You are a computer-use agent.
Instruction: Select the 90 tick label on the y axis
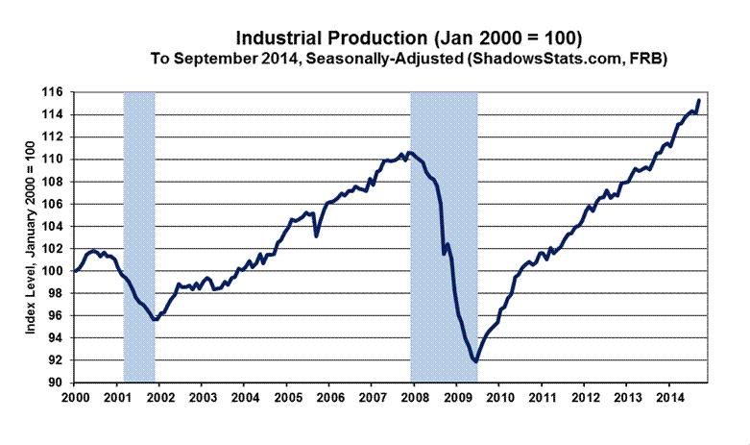point(57,383)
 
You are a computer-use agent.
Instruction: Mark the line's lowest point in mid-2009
point(475,361)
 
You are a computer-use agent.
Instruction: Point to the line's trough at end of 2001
point(156,319)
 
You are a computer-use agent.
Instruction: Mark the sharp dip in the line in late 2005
point(316,235)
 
